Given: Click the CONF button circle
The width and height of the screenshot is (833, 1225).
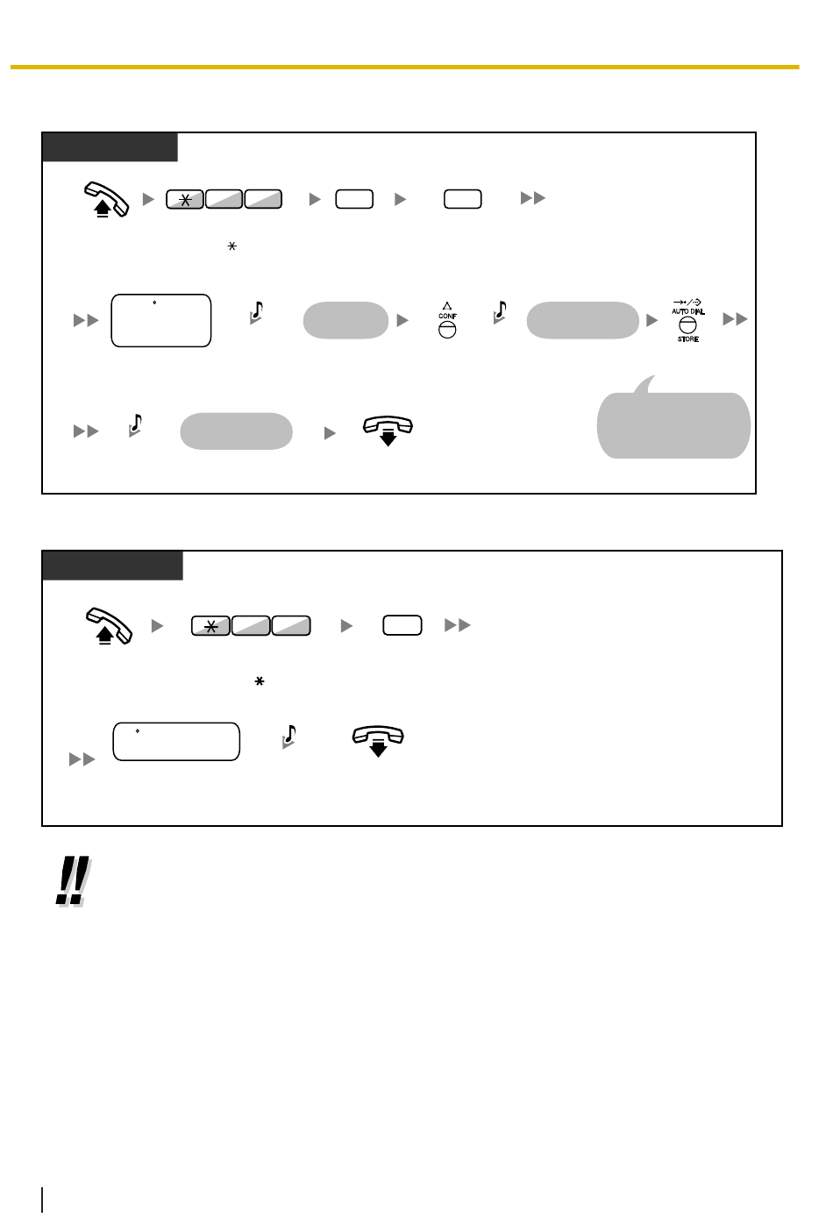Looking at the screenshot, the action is [447, 330].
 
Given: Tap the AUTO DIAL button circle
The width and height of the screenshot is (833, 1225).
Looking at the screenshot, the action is [687, 325].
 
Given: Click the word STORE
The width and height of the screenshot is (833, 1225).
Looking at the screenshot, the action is [688, 339].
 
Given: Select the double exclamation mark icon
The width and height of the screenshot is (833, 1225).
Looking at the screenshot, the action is [74, 880].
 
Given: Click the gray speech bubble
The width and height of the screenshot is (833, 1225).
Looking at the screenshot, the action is [673, 421].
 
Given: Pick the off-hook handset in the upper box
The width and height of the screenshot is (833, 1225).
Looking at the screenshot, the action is [106, 199].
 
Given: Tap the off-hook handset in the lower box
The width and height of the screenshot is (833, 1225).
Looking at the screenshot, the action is [109, 625].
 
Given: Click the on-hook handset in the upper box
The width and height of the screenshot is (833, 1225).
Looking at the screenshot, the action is [388, 431].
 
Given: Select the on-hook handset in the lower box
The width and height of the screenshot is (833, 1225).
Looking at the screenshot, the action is [378, 741].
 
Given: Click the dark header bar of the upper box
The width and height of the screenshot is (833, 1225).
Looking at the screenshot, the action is [110, 147].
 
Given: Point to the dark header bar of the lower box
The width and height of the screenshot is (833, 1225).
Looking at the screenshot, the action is [112, 566].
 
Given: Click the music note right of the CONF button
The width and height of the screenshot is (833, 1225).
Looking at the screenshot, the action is [500, 312].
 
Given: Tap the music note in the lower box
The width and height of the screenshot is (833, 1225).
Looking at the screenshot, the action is [288, 737].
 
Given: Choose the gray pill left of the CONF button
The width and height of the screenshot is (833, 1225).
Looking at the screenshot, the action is [345, 320].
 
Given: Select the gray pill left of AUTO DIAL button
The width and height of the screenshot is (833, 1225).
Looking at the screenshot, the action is [582, 320].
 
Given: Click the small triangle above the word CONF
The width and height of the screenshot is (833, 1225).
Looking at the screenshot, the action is [447, 306].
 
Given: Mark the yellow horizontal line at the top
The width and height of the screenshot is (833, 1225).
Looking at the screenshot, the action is [405, 68].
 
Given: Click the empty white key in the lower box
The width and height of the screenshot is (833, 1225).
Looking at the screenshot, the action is [402, 625].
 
